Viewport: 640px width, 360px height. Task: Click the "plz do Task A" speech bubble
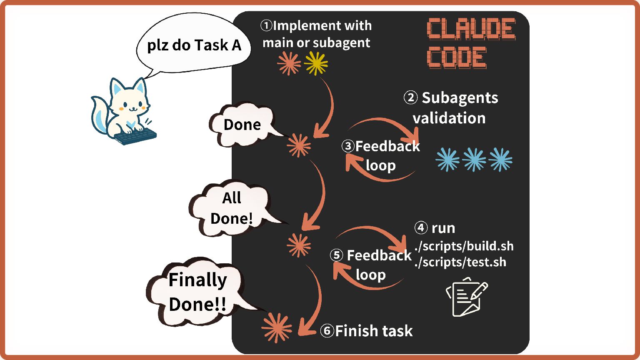point(194,45)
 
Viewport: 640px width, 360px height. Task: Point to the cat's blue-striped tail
point(100,114)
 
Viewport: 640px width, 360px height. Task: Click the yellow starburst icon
point(316,63)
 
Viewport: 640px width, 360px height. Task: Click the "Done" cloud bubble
point(242,125)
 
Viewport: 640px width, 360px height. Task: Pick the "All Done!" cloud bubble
point(231,208)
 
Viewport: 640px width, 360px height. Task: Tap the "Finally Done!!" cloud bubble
point(197,292)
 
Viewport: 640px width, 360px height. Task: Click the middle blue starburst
point(474,160)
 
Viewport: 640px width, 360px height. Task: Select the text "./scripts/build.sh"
point(464,246)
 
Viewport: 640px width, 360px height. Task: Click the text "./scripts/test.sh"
point(460,262)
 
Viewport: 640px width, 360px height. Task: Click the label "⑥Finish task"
point(366,331)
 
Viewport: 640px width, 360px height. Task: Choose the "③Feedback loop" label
point(381,155)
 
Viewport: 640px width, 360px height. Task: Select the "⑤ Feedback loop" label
point(370,265)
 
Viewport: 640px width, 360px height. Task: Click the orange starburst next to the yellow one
point(289,63)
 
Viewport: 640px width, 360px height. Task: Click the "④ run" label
point(435,228)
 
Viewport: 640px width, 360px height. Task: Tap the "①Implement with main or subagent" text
point(316,34)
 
